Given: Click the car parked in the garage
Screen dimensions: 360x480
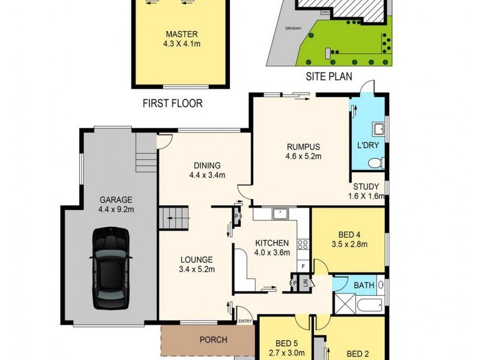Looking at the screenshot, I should (x=111, y=267).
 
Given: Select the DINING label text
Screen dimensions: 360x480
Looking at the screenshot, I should (x=207, y=166).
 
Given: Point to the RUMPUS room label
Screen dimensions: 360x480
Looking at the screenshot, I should (x=303, y=147).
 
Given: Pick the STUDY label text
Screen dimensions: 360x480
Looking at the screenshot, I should (x=365, y=187).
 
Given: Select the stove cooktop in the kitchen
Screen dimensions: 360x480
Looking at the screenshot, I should (x=303, y=244).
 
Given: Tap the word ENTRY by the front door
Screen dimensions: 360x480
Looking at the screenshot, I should (x=245, y=322).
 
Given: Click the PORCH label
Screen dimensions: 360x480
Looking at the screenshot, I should (x=213, y=340).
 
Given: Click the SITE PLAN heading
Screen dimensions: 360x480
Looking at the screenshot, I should (x=328, y=76).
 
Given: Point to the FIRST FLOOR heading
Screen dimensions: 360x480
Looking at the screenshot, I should (x=172, y=103).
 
